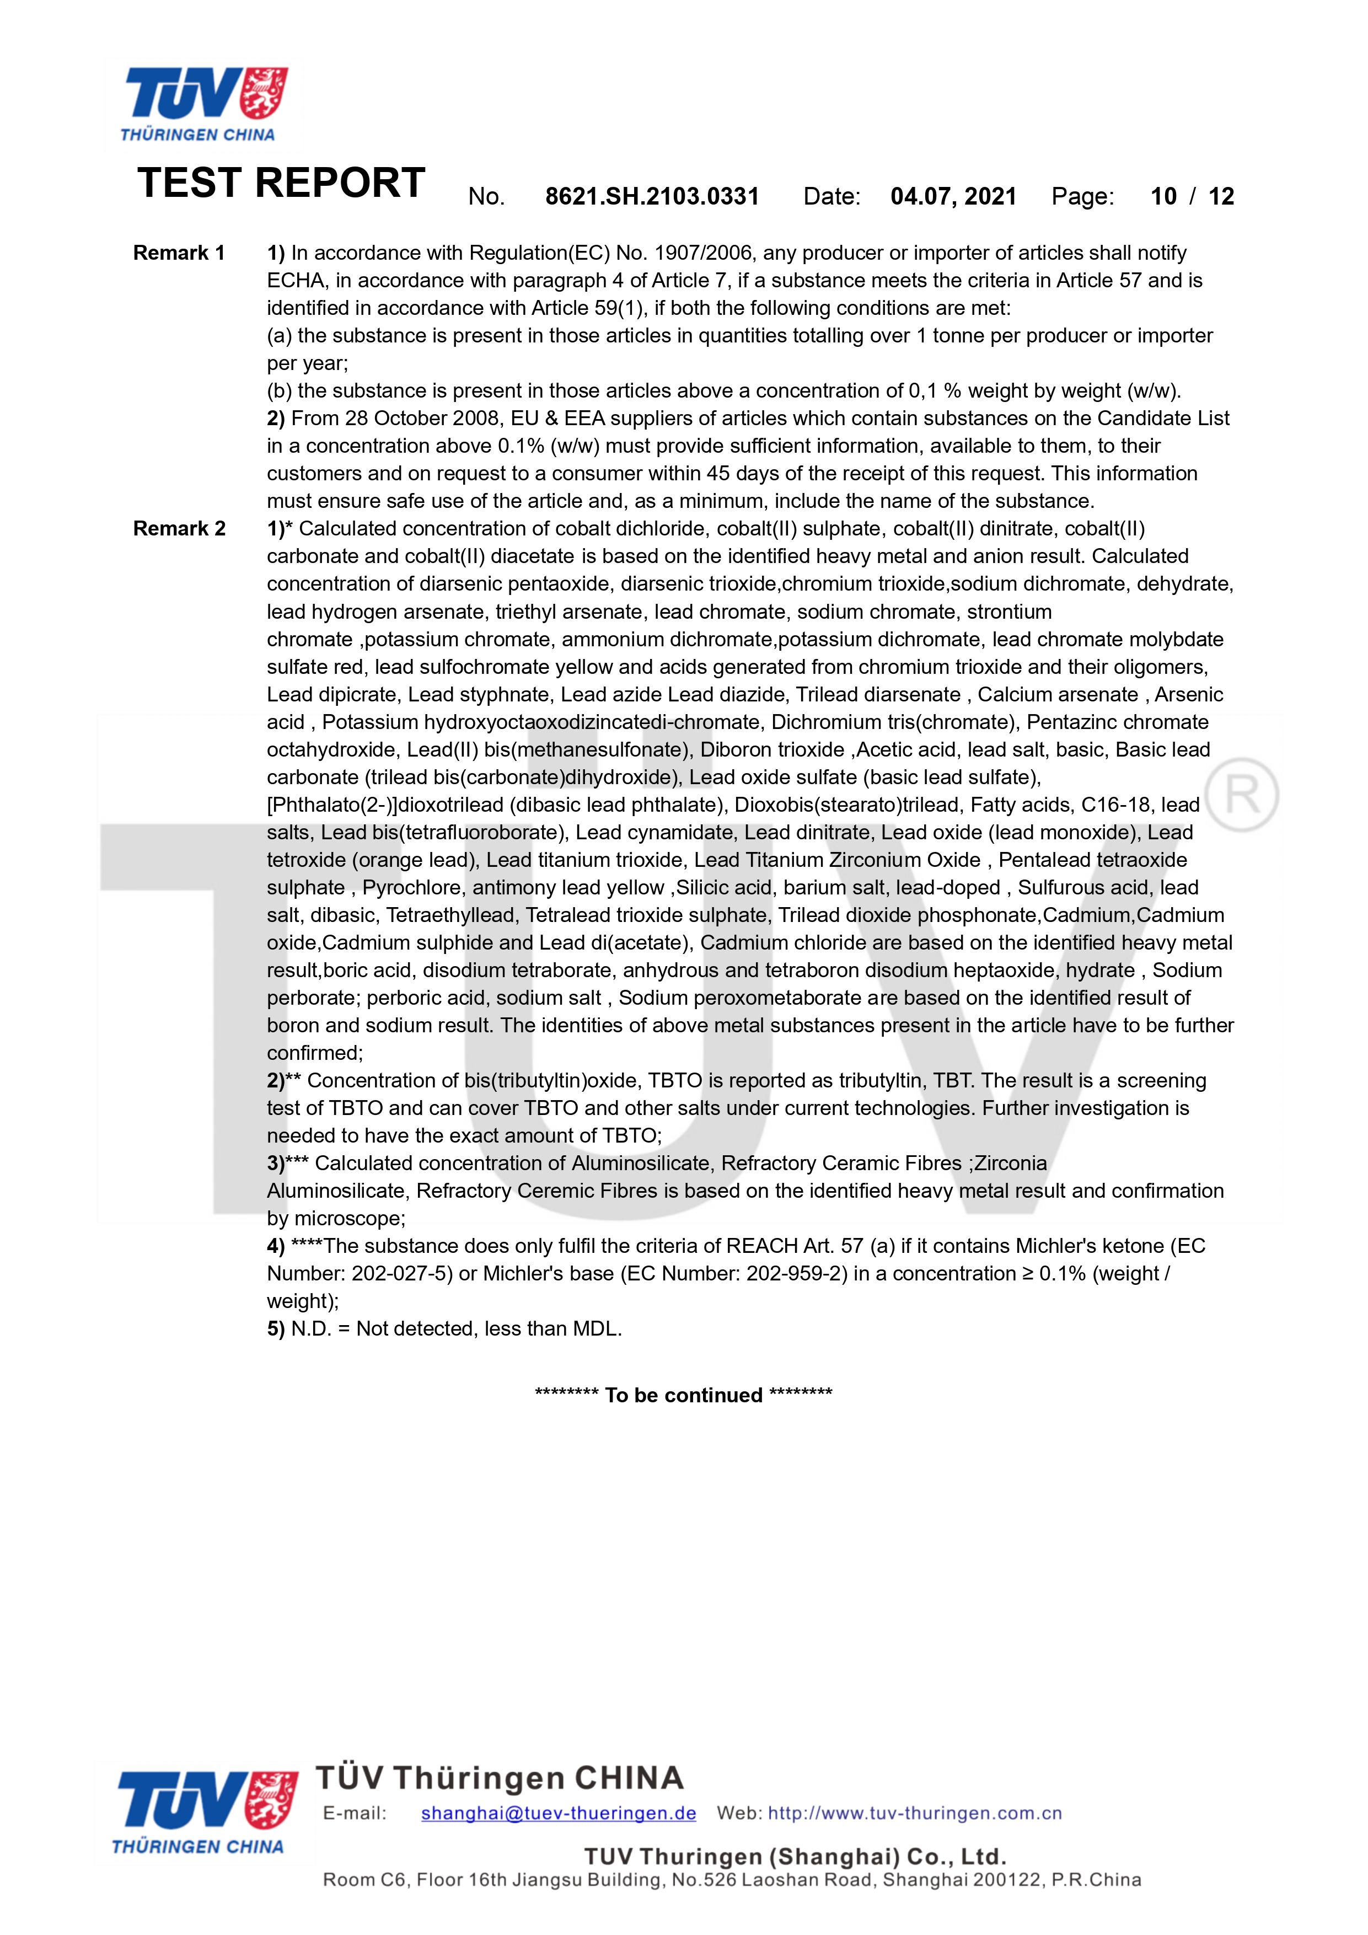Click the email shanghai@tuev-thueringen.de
pyautogui.click(x=558, y=1813)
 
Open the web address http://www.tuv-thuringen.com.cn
pyautogui.click(x=915, y=1813)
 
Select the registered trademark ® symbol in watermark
pyautogui.click(x=1242, y=795)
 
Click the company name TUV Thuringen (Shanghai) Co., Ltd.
pyautogui.click(x=795, y=1857)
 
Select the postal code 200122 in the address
pyautogui.click(x=995, y=1880)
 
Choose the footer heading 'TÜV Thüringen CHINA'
pyautogui.click(x=499, y=1778)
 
